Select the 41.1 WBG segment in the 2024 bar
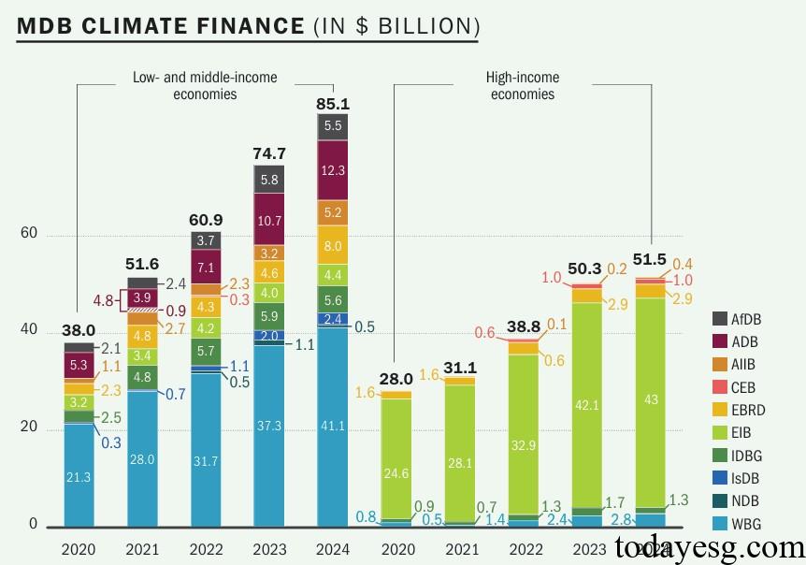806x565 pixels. click(x=333, y=425)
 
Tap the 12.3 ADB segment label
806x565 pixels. click(x=333, y=170)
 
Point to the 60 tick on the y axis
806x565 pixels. click(x=29, y=233)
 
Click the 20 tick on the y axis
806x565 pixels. click(x=29, y=427)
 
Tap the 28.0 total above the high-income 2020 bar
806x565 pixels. click(x=396, y=378)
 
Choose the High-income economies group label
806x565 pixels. click(x=522, y=85)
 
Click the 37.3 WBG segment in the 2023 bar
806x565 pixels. click(x=269, y=426)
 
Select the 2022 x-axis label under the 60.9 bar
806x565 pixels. click(x=206, y=549)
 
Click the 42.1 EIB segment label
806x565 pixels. click(x=586, y=405)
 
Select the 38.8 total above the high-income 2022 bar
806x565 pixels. click(x=524, y=326)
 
